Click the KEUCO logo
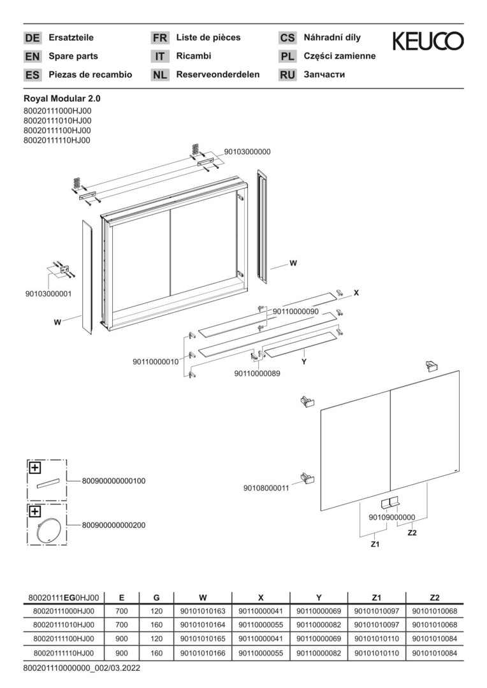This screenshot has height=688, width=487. point(428,41)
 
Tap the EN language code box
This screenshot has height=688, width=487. point(32,56)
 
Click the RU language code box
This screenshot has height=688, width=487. point(287,75)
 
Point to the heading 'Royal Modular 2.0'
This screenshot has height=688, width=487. point(62,99)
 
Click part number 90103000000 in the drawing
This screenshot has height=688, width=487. point(247,152)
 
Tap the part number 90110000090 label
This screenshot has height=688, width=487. point(296,311)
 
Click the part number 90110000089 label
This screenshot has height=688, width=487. point(257,374)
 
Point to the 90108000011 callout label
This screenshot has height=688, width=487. point(266,488)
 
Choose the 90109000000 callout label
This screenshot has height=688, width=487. point(392,517)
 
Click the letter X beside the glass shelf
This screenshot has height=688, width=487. point(356,292)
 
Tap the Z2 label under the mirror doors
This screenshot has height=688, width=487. point(412,533)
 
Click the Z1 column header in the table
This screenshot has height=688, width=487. point(376,597)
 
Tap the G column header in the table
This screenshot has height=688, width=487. point(157,597)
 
